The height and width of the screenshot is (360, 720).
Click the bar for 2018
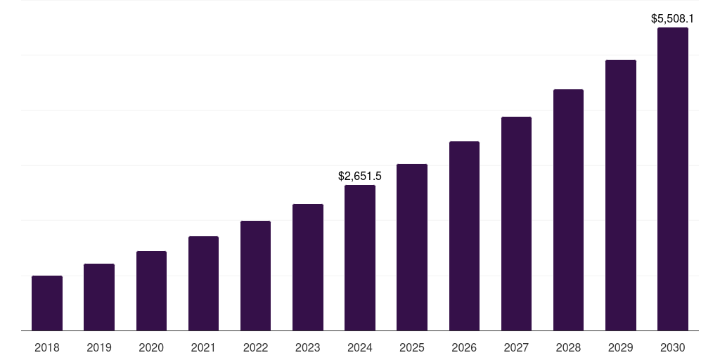[x=47, y=303]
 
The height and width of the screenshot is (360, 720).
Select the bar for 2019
[x=99, y=297]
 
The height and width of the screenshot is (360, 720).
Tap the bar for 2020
[x=151, y=290]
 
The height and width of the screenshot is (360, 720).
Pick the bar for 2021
[x=203, y=283]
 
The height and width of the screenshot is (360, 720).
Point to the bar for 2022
[x=255, y=276]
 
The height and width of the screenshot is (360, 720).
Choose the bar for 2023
[x=308, y=267]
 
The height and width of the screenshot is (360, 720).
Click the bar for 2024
[x=360, y=257]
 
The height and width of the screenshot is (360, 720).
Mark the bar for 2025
[x=412, y=247]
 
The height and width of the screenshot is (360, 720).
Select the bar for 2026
[x=464, y=236]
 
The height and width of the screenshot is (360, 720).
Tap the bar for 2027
[x=516, y=224]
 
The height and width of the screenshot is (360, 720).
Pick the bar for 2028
[x=568, y=210]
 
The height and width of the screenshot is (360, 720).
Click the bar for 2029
[x=621, y=195]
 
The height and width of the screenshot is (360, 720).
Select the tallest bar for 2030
[x=673, y=179]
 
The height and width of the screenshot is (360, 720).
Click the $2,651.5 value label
[x=360, y=176]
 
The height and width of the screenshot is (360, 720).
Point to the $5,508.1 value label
[x=673, y=18]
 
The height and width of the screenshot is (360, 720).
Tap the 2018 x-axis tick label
[x=47, y=347]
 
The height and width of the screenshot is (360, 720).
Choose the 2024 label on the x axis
[x=360, y=347]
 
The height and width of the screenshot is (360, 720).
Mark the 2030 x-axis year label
[x=673, y=347]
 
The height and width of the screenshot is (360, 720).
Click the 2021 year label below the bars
[x=203, y=347]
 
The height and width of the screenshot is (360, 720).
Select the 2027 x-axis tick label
[x=516, y=347]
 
